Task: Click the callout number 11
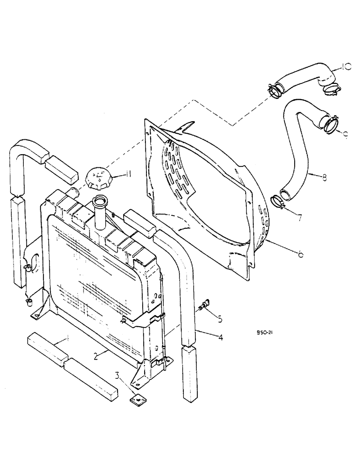pos(126,175)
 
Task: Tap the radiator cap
pos(99,178)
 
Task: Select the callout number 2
pos(95,356)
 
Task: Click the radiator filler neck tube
pos(100,212)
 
